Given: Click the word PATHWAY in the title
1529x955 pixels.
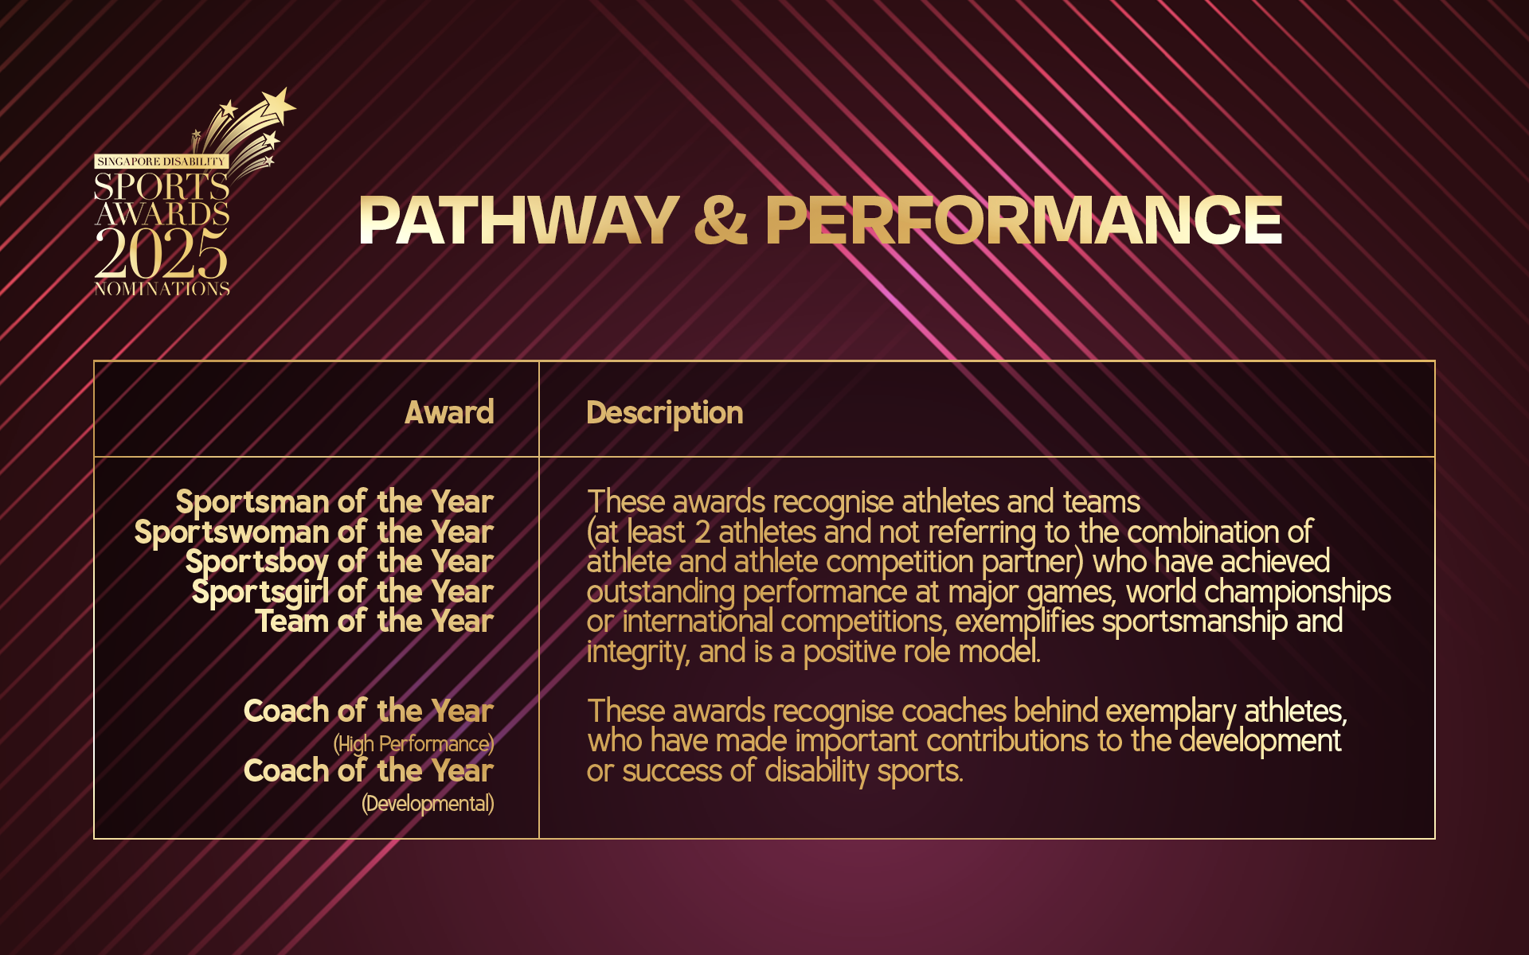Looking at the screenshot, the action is [x=518, y=220].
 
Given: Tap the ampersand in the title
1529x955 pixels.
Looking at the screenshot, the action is [x=721, y=220].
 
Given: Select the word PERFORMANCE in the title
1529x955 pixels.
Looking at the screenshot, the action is [x=1023, y=220].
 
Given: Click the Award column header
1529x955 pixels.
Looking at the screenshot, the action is [x=449, y=412].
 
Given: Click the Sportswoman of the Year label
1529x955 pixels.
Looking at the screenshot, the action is [x=314, y=532].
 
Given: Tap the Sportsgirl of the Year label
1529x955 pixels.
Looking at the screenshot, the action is [x=342, y=592].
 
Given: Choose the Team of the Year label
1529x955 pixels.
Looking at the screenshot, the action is [x=374, y=622].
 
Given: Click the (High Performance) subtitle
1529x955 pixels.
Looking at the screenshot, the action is [x=413, y=744].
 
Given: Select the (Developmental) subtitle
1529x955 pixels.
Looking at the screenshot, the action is [x=428, y=804].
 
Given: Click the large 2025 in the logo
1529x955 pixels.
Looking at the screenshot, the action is [x=162, y=254].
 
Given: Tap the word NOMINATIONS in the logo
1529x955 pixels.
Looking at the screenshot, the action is [x=162, y=289].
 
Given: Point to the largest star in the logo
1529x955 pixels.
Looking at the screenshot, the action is [x=280, y=105].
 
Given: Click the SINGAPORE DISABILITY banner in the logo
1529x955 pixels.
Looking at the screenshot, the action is [x=162, y=162].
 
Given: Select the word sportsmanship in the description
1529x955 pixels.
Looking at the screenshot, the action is [x=1195, y=622].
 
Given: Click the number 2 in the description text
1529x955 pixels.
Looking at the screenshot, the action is [x=702, y=532].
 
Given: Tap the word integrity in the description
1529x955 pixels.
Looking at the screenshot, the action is [x=637, y=653].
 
